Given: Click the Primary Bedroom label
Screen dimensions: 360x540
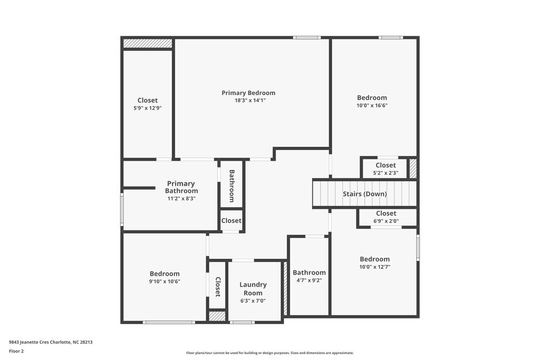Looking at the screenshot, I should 248,93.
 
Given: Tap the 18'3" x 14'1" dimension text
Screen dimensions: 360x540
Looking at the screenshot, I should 250,100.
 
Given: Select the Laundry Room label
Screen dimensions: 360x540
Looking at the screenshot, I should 253,289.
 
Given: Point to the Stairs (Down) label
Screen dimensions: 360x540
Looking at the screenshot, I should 364,194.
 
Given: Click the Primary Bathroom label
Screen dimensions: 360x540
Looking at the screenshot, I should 181,187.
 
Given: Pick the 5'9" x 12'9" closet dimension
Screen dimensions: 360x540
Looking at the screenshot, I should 147,108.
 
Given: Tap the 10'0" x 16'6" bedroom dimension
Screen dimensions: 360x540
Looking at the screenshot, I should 372,106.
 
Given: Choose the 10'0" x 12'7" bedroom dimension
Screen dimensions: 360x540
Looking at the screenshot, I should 374,267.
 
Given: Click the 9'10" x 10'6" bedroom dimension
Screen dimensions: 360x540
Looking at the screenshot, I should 164,281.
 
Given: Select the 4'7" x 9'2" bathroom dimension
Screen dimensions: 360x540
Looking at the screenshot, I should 309,281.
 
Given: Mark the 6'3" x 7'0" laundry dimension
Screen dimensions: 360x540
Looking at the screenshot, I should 253,301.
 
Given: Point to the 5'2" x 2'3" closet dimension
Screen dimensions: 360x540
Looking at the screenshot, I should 386,173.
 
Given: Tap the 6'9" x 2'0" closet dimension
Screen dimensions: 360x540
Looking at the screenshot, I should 386,221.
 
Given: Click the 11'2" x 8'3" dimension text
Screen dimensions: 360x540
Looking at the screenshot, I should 181,199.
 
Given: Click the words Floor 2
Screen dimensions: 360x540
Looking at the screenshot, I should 16,351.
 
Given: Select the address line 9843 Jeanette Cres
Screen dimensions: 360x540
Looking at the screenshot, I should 54,342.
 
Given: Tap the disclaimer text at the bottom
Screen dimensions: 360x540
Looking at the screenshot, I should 270,353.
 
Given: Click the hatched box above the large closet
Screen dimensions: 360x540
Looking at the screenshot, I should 147,43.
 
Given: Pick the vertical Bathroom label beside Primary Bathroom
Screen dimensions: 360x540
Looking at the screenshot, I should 232,186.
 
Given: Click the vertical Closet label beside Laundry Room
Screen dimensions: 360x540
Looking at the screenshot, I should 218,287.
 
